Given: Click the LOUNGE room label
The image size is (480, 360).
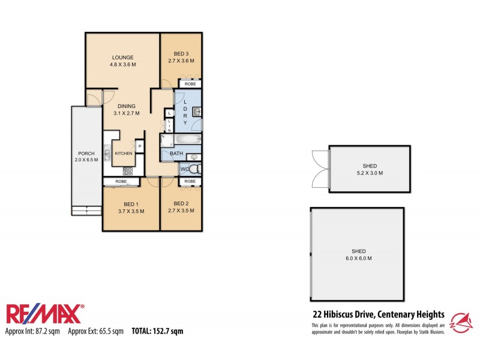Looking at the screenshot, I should pyautogui.click(x=121, y=58).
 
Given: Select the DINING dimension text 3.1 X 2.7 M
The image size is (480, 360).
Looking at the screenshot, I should pyautogui.click(x=126, y=113).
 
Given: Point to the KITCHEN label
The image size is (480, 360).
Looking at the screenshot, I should pyautogui.click(x=124, y=154).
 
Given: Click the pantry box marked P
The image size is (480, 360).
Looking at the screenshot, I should pyautogui.click(x=140, y=146).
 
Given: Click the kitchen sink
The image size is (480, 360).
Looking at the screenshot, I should pyautogui.click(x=107, y=154).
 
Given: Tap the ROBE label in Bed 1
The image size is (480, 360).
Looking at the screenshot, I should pyautogui.click(x=121, y=181).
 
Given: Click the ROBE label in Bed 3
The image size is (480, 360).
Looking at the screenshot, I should pyautogui.click(x=190, y=84).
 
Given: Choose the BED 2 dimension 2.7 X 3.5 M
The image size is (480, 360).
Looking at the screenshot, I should pyautogui.click(x=181, y=211).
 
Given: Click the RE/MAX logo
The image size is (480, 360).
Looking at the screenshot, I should pyautogui.click(x=45, y=314).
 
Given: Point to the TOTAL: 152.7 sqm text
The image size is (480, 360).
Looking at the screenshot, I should pyautogui.click(x=157, y=331).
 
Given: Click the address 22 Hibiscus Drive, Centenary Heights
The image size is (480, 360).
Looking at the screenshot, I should pyautogui.click(x=379, y=314).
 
